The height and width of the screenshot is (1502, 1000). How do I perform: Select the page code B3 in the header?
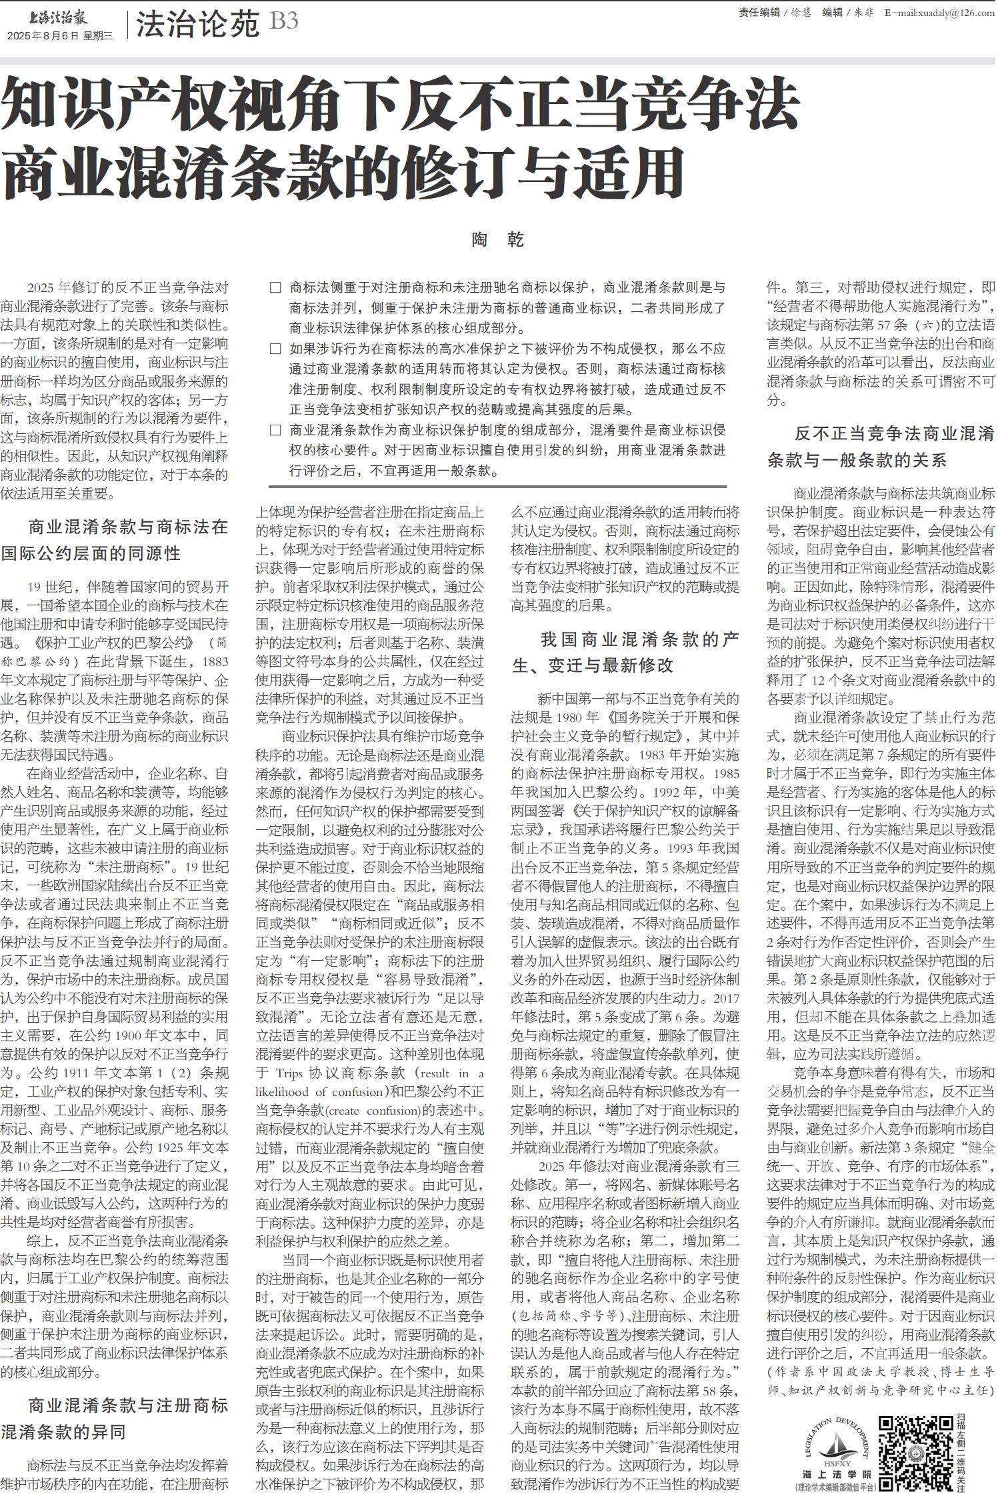coord(283,22)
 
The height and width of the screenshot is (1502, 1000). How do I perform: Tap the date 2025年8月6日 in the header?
coord(43,36)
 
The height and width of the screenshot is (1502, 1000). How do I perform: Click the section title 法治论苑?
coord(197,25)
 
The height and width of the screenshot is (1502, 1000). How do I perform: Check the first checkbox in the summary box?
coord(275,288)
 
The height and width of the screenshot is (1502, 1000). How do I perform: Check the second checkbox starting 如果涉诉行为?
coord(275,349)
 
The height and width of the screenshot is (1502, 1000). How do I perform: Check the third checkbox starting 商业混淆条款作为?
coord(275,430)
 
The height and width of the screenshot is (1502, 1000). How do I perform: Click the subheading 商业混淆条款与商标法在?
coord(128,527)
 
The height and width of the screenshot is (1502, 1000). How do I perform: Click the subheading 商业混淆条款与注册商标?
coord(128,1406)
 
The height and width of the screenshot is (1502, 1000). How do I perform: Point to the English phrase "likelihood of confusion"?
coord(313,1092)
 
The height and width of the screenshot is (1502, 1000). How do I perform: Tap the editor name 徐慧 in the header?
coord(801,13)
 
